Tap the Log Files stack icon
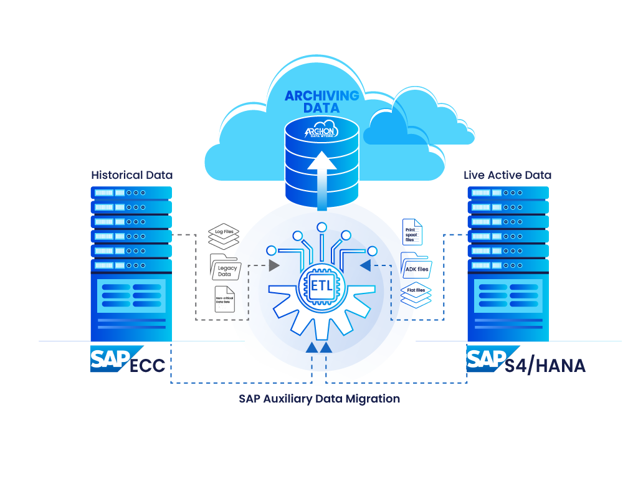[x=224, y=236]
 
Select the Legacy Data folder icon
[x=225, y=268]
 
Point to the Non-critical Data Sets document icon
[x=224, y=300]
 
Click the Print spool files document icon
[x=412, y=232]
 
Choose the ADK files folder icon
[x=416, y=266]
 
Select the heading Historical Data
[x=131, y=175]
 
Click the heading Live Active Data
[x=507, y=175]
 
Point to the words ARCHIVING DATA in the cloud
[x=321, y=102]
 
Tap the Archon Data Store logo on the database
[x=321, y=131]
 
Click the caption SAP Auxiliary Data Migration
[x=319, y=398]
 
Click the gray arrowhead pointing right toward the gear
[x=274, y=265]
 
